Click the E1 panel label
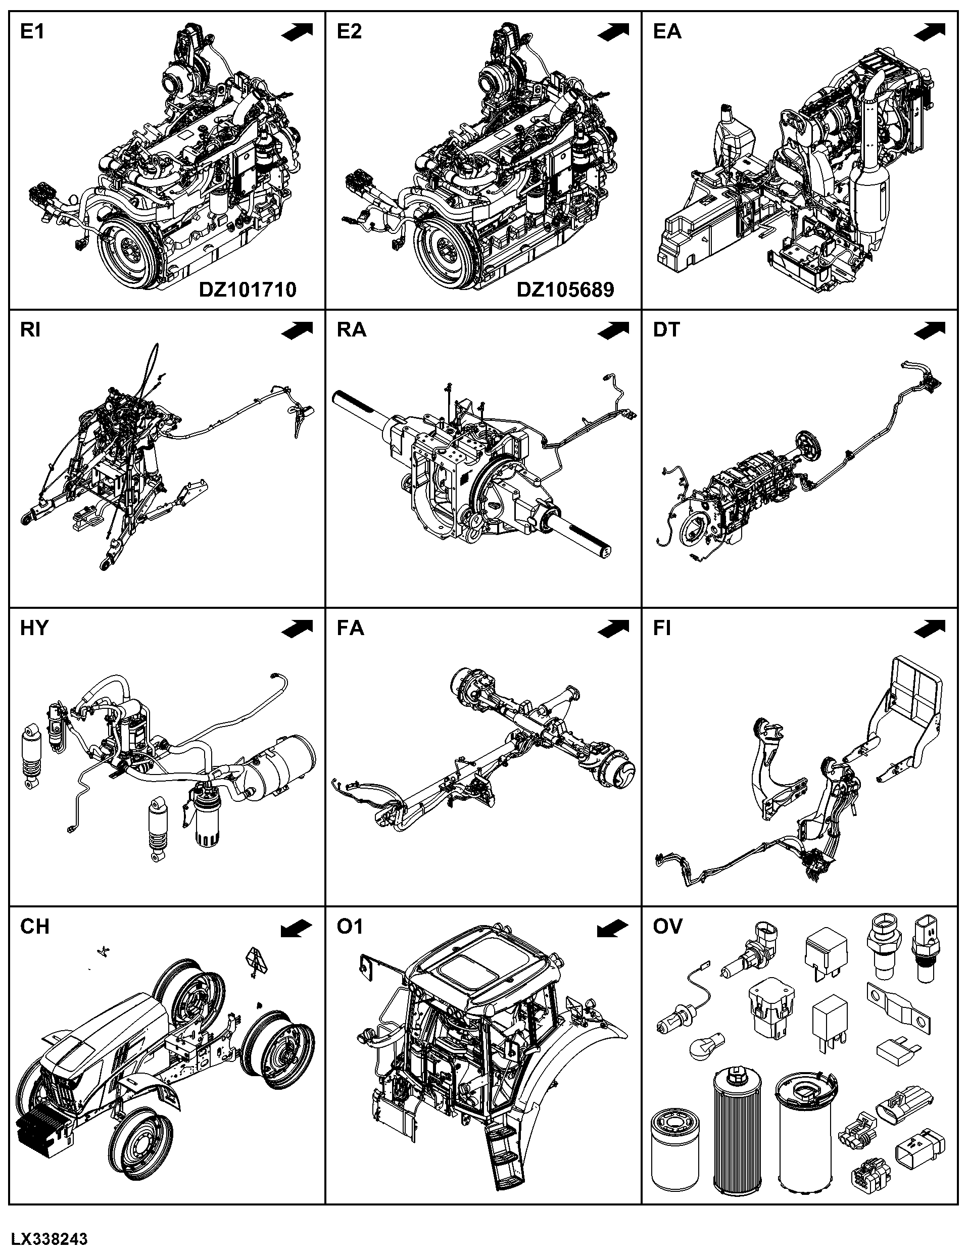(x=32, y=32)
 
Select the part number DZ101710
(x=248, y=289)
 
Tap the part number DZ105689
(x=565, y=289)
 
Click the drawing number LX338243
(x=49, y=1239)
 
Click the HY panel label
(x=34, y=628)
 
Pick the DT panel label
(x=666, y=330)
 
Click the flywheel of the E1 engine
(x=130, y=252)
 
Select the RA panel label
(x=351, y=330)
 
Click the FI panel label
(x=662, y=628)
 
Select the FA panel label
(x=351, y=628)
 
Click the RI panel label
(x=30, y=330)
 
